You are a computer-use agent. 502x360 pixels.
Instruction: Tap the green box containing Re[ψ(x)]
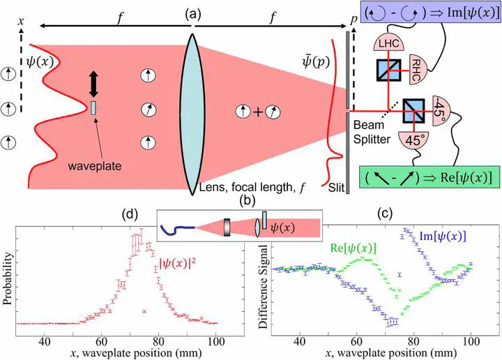point(429,177)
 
